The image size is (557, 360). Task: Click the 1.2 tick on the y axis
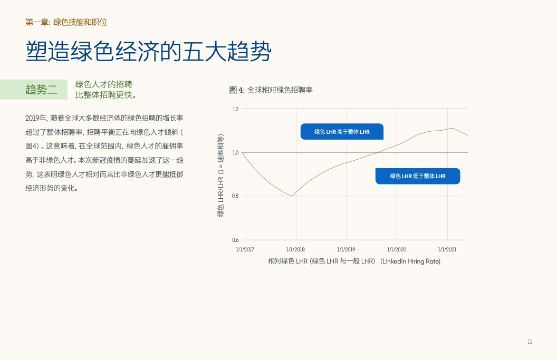[235, 109]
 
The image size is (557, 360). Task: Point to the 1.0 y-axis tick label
[235, 152]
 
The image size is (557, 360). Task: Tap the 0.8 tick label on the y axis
[235, 196]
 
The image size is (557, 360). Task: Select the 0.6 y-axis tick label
[235, 240]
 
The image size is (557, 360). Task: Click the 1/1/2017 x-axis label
[245, 250]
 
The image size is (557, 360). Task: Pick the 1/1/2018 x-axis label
[295, 250]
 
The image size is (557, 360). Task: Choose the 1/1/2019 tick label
[346, 250]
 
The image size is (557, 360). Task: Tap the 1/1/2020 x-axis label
[397, 250]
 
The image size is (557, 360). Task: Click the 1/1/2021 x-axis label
[447, 250]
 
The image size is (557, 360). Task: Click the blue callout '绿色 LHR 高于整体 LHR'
[342, 132]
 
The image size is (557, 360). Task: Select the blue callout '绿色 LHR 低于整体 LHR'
[418, 176]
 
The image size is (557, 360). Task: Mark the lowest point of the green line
[292, 196]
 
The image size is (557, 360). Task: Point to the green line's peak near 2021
[451, 128]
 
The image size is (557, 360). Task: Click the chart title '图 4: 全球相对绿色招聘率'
[271, 90]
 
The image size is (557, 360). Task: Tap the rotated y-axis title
[220, 176]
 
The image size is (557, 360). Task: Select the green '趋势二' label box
[34, 90]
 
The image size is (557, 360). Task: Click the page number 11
[530, 342]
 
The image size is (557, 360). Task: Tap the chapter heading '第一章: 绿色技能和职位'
[66, 22]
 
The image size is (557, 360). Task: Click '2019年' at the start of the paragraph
[35, 118]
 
